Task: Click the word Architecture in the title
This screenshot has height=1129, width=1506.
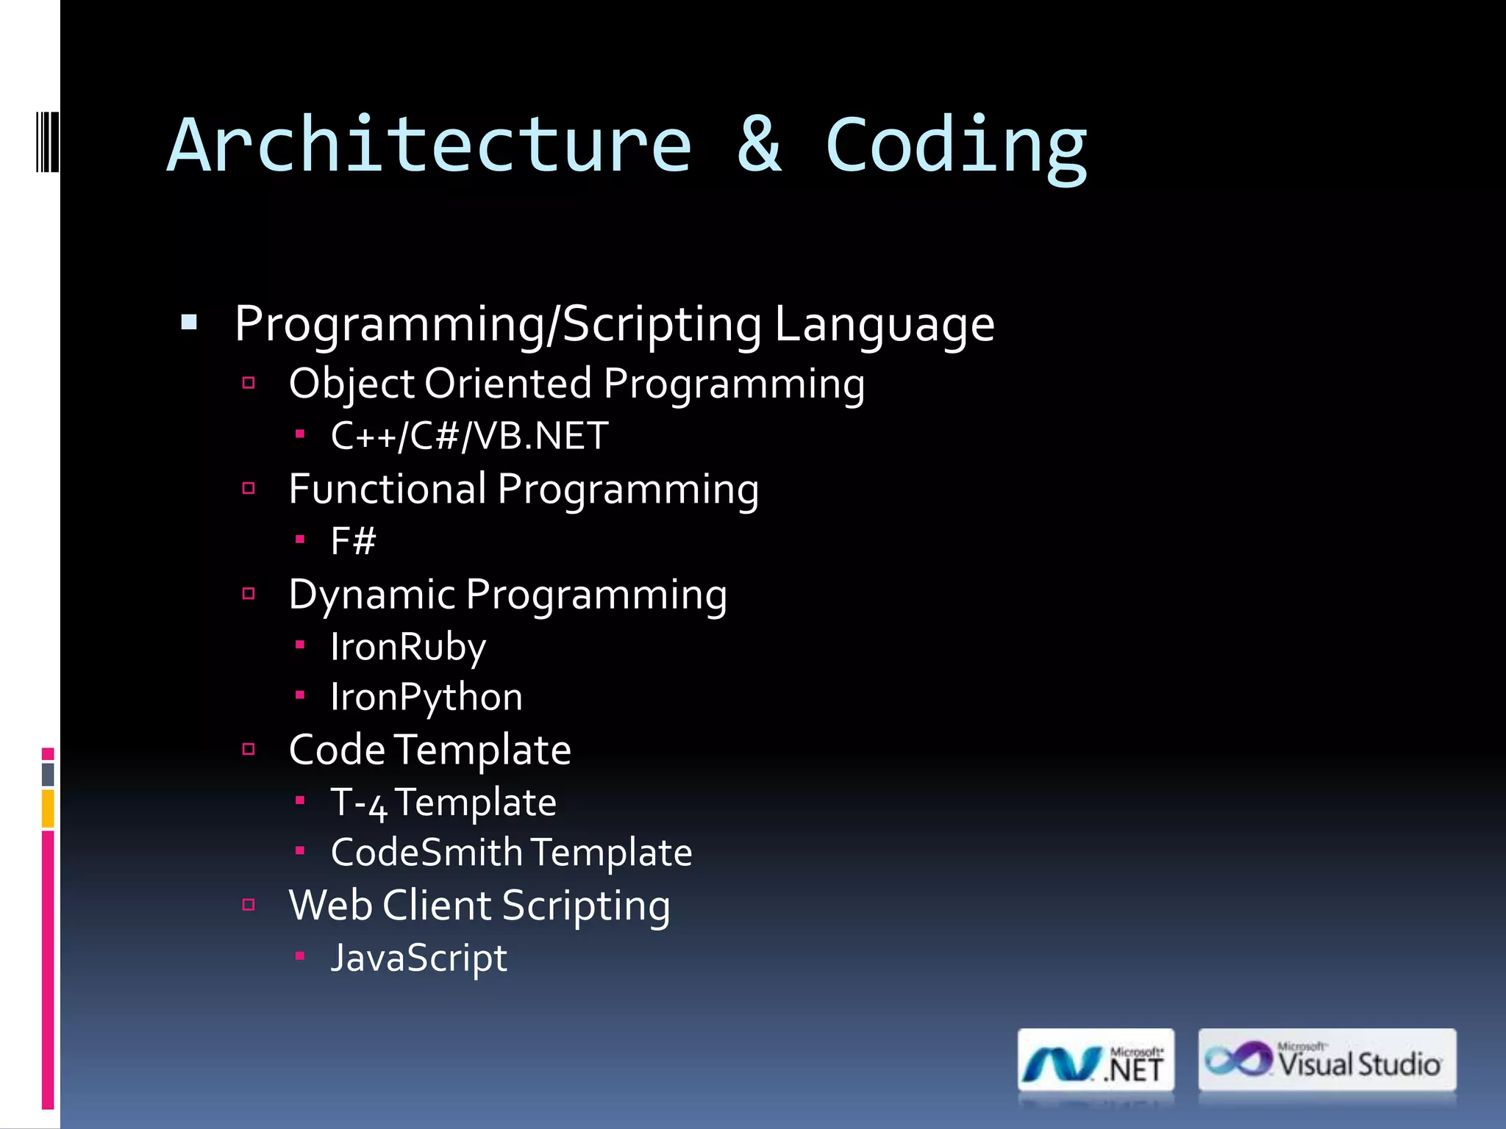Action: point(429,146)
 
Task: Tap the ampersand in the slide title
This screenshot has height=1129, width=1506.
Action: point(758,146)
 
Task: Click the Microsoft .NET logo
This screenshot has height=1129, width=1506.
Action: point(1096,1061)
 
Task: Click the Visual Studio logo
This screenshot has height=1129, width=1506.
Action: point(1327,1060)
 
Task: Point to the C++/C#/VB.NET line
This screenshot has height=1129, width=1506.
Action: point(469,436)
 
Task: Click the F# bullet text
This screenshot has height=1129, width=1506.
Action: point(353,542)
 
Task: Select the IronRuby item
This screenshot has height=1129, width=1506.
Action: point(408,648)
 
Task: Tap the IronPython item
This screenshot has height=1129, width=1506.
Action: point(427,697)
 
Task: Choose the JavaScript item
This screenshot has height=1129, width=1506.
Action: point(418,958)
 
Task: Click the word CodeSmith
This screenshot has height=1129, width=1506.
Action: point(427,853)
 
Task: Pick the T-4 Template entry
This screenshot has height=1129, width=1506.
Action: point(443,803)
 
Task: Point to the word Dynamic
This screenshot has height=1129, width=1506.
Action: point(371,595)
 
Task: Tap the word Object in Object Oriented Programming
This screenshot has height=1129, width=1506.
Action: point(351,384)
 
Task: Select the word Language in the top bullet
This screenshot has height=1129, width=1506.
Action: point(884,324)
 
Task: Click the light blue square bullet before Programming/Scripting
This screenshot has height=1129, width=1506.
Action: point(189,322)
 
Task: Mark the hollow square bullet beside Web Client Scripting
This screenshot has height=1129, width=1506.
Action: point(249,905)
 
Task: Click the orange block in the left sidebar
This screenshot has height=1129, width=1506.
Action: point(48,809)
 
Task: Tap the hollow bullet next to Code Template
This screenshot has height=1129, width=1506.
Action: point(249,749)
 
